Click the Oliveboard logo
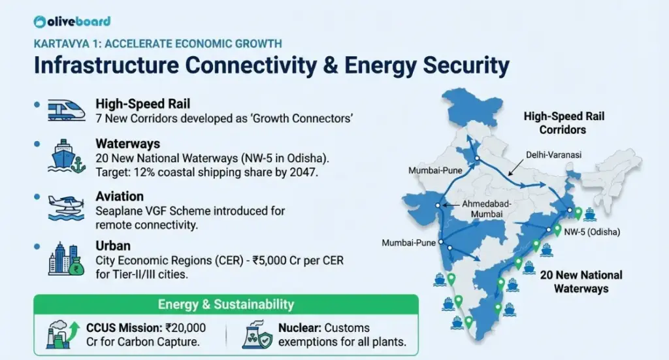click(72, 22)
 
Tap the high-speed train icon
click(67, 110)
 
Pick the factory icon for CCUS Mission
click(62, 333)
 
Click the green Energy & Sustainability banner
click(226, 304)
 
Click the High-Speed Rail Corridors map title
click(564, 123)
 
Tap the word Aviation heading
click(119, 197)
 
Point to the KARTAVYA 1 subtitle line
click(158, 44)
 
